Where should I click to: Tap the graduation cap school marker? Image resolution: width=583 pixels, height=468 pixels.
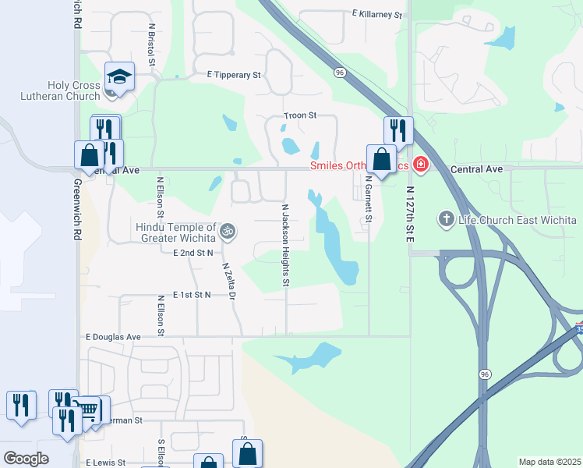point(119,76)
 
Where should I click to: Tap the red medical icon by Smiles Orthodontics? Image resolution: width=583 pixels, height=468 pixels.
point(421,164)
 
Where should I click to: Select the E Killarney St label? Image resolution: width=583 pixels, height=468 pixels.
point(376,14)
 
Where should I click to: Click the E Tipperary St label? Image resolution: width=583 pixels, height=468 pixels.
point(233,75)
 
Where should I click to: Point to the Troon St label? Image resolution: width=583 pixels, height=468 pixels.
point(300,115)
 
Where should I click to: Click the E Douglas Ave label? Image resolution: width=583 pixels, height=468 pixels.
point(113,337)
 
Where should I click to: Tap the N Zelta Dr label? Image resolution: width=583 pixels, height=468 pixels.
point(228,281)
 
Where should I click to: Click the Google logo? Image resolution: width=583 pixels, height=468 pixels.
point(26,458)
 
